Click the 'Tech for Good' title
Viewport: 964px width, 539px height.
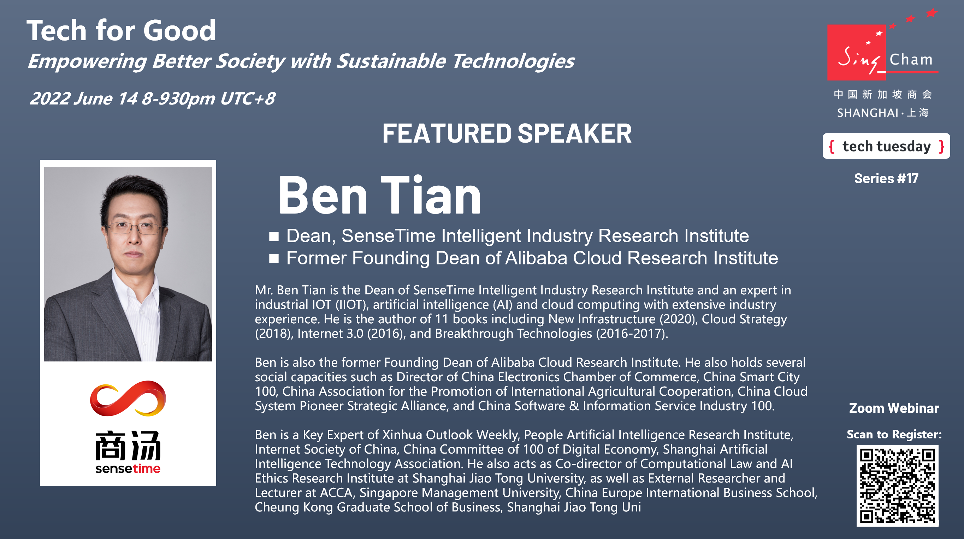(121, 30)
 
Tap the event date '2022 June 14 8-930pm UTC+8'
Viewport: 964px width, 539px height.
(152, 99)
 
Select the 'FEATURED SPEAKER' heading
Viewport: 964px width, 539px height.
(507, 133)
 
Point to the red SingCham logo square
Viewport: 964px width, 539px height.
(857, 52)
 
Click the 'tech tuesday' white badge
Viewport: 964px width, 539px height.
(886, 146)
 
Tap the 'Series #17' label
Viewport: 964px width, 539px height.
(886, 178)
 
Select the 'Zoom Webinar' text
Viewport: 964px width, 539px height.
(894, 408)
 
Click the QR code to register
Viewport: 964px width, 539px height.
(897, 485)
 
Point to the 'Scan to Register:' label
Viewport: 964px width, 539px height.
(894, 434)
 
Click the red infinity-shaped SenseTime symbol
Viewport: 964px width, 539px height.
(128, 399)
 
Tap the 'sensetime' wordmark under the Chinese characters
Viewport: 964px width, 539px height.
(128, 469)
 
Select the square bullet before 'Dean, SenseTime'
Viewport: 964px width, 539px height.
(274, 236)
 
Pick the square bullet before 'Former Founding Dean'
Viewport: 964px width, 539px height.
(274, 259)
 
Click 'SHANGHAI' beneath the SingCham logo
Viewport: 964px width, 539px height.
(868, 113)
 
